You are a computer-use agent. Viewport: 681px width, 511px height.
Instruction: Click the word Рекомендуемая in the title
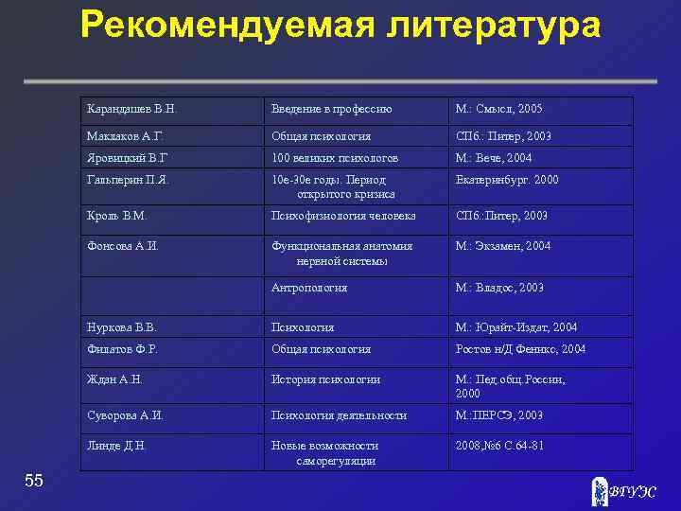click(x=226, y=26)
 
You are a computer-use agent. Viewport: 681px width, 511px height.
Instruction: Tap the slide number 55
click(x=34, y=481)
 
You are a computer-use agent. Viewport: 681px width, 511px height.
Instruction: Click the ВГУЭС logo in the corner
click(x=621, y=491)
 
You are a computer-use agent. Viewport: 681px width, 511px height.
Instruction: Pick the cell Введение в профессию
click(x=331, y=110)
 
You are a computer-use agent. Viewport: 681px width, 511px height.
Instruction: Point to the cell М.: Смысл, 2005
click(x=499, y=110)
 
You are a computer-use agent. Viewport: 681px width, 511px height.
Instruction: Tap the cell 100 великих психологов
click(x=335, y=157)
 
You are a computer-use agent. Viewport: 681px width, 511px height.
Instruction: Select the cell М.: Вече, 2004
click(x=494, y=157)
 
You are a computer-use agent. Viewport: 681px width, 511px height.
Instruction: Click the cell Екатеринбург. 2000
click(x=507, y=179)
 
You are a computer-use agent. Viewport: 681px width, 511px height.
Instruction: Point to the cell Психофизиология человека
click(x=343, y=216)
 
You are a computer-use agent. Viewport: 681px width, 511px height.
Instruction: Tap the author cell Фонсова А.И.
click(x=122, y=246)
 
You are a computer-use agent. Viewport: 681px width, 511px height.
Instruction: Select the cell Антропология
click(x=309, y=288)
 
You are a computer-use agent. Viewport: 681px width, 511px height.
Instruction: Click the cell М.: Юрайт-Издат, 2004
click(x=515, y=327)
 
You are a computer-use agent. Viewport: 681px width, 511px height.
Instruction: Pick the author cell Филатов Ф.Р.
click(x=121, y=349)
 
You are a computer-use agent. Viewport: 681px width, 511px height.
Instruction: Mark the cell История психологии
click(x=325, y=379)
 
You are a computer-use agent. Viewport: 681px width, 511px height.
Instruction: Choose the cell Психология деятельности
click(x=339, y=414)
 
